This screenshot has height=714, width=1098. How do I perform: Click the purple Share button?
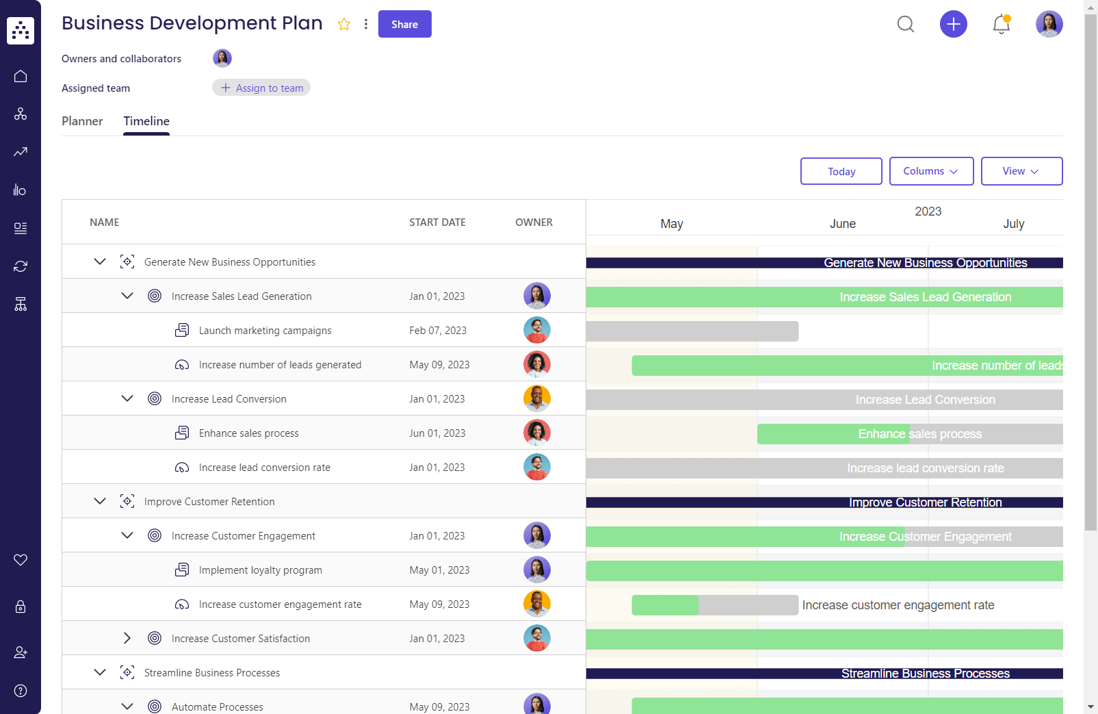404,24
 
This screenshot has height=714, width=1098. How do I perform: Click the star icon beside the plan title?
344,25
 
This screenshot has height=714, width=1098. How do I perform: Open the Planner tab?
82,121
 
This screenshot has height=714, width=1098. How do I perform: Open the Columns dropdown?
930,171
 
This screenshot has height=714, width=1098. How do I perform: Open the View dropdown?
1021,171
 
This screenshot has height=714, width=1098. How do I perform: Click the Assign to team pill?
261,88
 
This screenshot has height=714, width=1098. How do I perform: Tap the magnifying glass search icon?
905,24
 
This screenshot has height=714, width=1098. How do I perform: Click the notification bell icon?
1001,24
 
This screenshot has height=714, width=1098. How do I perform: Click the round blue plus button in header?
953,24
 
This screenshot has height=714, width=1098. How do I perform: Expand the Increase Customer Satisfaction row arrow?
127,638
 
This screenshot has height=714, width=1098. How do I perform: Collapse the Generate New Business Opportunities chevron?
100,262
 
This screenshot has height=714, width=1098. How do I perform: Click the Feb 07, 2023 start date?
438,331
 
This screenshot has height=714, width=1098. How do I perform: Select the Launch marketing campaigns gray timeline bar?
692,331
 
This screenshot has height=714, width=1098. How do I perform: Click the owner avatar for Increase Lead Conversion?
536,398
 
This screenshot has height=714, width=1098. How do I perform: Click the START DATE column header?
437,222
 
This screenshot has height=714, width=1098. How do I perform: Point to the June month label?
842,224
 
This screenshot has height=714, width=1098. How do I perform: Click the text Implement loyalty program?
260,570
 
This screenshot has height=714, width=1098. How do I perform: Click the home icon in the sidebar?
21,76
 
